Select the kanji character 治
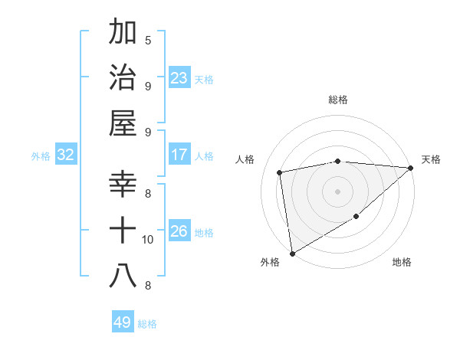(123, 77)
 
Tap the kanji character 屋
(123, 123)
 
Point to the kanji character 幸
(123, 185)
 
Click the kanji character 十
(123, 231)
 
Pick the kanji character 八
(123, 277)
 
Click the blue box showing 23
(179, 78)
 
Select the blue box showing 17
(179, 155)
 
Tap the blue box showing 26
(179, 231)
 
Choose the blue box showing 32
(66, 155)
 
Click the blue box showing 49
(123, 322)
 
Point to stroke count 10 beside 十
(148, 240)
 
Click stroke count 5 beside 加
(148, 40)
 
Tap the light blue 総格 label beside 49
(147, 324)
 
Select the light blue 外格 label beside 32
(41, 156)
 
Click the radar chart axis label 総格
(337, 100)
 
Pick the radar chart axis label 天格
(431, 159)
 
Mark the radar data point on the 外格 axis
(292, 253)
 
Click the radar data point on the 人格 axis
(280, 172)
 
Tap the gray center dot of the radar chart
(337, 191)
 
